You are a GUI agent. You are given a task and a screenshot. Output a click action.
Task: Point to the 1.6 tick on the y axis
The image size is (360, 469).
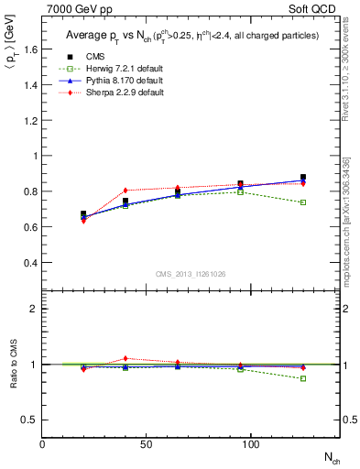pos(30,49)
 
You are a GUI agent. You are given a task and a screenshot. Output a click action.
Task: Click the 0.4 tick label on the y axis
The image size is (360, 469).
pos(30,263)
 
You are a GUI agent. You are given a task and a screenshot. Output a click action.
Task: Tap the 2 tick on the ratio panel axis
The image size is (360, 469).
pos(34,309)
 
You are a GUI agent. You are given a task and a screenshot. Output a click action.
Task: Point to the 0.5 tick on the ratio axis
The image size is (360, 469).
pos(30,420)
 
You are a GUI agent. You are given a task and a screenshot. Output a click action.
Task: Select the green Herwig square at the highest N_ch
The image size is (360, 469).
pos(303,202)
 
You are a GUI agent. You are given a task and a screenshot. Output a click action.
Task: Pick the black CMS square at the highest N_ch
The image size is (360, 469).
pos(303,178)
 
